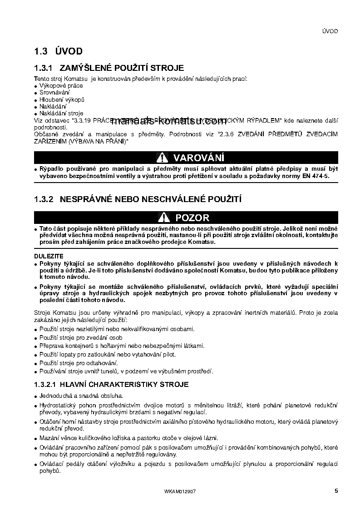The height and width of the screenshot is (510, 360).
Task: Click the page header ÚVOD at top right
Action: point(330,31)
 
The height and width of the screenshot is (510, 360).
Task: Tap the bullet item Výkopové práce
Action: point(58,85)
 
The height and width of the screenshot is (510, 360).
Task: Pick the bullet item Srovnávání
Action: point(51,92)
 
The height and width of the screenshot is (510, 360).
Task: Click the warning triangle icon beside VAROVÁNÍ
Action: point(163,158)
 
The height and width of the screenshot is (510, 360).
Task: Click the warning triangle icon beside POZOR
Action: point(164,218)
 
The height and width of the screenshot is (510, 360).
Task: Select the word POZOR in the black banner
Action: point(192,218)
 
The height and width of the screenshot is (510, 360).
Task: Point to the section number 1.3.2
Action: point(44,199)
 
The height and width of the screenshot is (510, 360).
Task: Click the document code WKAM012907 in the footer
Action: point(180,491)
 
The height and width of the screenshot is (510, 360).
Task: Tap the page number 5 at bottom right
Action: point(336,490)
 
